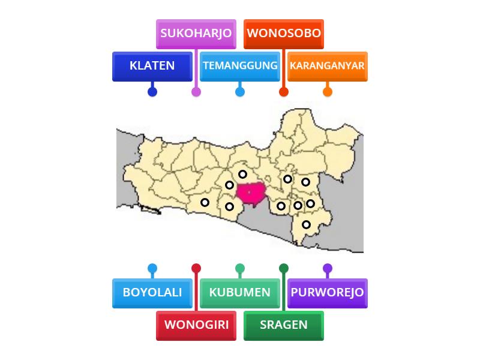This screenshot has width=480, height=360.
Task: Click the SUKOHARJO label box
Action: click(196, 34)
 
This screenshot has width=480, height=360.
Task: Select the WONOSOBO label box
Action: click(284, 34)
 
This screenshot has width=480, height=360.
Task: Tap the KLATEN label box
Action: click(152, 66)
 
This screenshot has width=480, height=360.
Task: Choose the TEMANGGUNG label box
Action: click(240, 66)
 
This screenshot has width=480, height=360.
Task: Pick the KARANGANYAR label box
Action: click(328, 66)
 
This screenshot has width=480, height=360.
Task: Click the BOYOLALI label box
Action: click(152, 293)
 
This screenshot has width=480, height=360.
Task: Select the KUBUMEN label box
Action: click(240, 293)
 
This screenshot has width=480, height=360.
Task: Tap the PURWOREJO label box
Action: click(328, 293)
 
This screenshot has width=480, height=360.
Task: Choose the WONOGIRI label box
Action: click(196, 325)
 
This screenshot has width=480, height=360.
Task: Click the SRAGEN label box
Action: click(284, 325)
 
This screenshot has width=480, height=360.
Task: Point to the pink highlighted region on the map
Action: click(251, 193)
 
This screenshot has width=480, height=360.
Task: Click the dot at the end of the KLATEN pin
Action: click(152, 92)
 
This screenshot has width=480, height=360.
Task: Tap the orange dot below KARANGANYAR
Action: click(328, 92)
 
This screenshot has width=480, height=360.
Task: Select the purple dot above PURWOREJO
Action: click(328, 268)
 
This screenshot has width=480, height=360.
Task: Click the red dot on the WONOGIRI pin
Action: click(196, 268)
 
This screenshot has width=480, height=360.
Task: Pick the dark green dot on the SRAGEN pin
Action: click(284, 268)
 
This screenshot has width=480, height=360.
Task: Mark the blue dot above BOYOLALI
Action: click(152, 268)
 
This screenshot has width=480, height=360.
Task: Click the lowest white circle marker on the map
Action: click(307, 225)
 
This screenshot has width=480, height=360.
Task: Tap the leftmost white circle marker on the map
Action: click(205, 203)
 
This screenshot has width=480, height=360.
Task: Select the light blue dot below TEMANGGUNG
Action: click(240, 92)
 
